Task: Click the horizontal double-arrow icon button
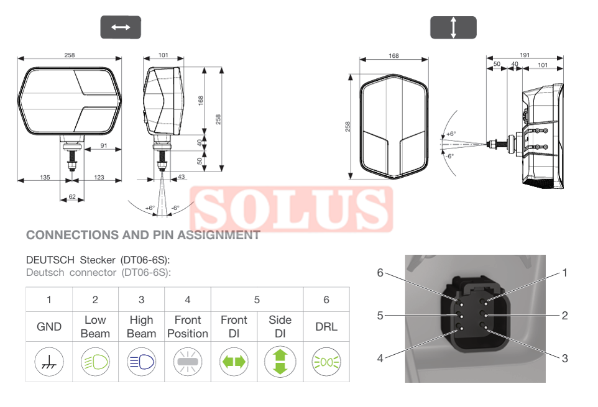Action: click(121, 27)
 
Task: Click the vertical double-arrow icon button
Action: click(453, 27)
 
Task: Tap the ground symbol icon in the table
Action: click(49, 362)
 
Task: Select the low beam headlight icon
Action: click(95, 362)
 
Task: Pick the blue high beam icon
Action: click(142, 362)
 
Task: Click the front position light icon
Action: click(188, 362)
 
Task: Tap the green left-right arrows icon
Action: click(234, 362)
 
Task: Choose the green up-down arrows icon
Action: click(280, 362)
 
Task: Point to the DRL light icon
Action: click(326, 362)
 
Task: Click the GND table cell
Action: click(49, 327)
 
